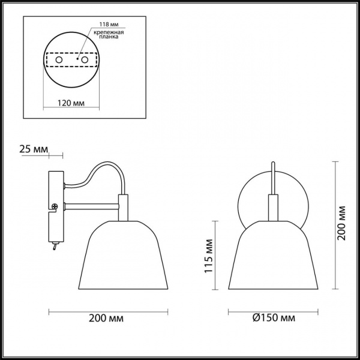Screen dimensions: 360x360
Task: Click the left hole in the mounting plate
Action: pyautogui.click(x=59, y=61)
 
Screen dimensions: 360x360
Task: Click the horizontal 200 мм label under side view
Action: pyautogui.click(x=107, y=317)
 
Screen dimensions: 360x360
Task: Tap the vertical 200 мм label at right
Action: pyautogui.click(x=341, y=222)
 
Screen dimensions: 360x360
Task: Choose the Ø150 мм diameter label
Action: pyautogui.click(x=273, y=317)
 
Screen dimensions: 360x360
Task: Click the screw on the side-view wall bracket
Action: pyautogui.click(x=55, y=207)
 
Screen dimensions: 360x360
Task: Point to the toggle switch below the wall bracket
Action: pyautogui.click(x=55, y=245)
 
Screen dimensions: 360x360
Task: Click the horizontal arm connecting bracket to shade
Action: pyautogui.click(x=90, y=207)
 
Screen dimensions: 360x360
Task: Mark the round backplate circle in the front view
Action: pyautogui.click(x=246, y=192)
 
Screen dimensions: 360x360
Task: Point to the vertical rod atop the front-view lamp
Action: pyautogui.click(x=273, y=180)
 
